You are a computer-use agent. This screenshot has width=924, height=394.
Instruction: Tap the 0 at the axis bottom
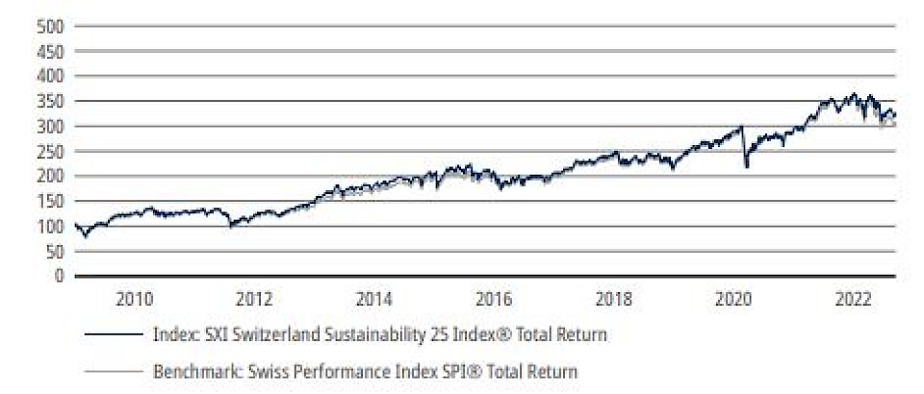pyautogui.click(x=60, y=277)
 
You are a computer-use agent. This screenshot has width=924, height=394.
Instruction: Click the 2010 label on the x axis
pyautogui.click(x=134, y=298)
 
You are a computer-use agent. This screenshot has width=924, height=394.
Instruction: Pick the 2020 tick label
pyautogui.click(x=734, y=298)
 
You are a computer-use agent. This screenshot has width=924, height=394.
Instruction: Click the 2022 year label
pyautogui.click(x=854, y=298)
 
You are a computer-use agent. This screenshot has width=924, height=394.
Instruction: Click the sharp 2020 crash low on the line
pyautogui.click(x=747, y=167)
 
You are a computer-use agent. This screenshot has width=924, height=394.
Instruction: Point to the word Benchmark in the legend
pyautogui.click(x=190, y=369)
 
